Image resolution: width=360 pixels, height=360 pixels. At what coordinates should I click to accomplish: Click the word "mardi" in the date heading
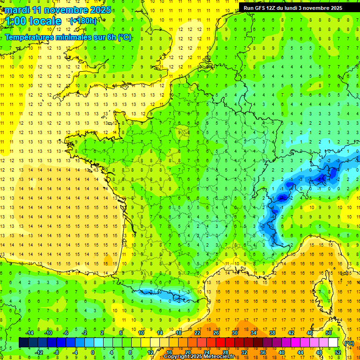point(15,10)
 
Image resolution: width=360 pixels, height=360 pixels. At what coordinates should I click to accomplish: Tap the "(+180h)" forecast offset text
point(83,21)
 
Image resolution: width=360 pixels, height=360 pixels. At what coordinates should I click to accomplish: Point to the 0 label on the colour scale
point(93,352)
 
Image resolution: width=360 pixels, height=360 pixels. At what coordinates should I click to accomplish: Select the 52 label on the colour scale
point(337,352)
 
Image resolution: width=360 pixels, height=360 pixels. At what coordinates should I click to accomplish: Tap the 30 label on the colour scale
point(234,332)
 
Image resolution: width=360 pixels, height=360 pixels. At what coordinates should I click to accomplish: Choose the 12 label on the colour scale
point(150,352)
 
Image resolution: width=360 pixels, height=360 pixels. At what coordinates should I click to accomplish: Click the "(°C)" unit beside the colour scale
point(349,343)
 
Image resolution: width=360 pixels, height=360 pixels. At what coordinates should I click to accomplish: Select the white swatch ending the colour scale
point(333,343)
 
